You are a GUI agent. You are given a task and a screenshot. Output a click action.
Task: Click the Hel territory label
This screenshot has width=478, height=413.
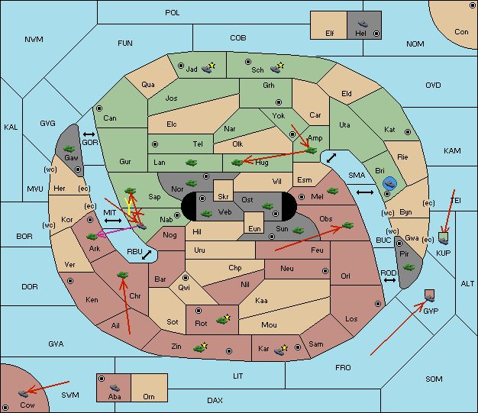360,34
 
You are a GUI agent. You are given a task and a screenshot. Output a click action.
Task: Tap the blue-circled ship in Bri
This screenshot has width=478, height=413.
390,183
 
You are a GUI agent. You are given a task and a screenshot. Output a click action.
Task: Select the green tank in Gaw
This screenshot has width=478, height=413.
69,149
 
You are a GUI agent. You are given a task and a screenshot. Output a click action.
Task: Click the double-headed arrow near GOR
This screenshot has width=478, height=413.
89,134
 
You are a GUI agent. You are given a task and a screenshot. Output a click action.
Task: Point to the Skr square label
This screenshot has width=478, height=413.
223,197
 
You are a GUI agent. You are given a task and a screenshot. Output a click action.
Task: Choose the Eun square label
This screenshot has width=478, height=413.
254,228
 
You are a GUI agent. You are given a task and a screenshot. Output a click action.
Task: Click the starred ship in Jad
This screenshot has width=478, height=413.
208,68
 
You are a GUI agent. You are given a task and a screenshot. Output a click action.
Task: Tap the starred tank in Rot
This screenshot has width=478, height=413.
224,319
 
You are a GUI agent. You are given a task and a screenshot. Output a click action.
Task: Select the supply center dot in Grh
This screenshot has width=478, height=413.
279,102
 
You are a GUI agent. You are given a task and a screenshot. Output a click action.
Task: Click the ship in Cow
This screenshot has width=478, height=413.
23,393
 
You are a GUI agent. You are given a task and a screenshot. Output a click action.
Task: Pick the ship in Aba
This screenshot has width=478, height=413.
115,388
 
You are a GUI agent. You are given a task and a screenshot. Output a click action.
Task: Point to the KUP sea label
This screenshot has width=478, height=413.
443,253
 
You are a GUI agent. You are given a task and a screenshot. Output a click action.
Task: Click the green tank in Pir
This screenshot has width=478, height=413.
409,267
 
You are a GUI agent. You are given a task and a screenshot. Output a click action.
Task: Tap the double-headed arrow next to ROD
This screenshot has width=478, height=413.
389,280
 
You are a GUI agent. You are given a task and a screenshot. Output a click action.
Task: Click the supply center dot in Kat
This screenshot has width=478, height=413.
408,132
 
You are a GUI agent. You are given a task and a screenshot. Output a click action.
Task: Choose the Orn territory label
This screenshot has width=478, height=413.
149,396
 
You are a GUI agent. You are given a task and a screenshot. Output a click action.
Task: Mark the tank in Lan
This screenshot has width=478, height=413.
191,163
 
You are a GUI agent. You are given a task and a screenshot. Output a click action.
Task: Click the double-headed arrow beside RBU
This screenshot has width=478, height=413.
147,255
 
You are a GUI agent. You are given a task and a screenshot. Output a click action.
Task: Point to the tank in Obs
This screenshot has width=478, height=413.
348,225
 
